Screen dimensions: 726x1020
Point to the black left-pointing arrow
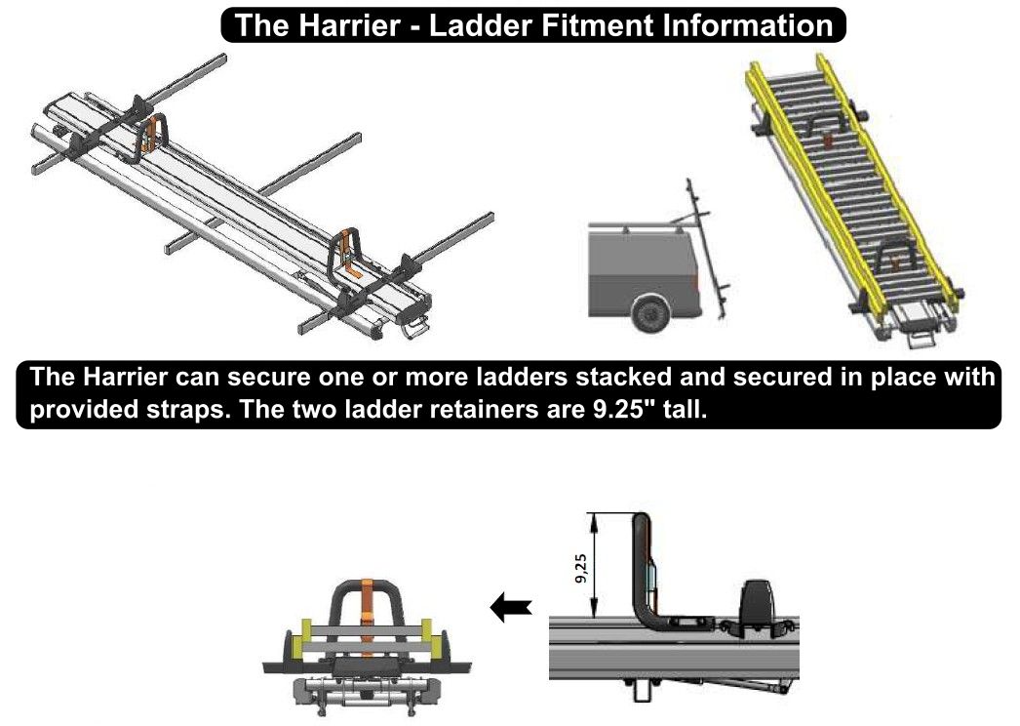(x=511, y=609)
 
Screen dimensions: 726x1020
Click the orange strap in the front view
(x=368, y=610)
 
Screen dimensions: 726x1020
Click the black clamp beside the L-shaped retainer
(x=762, y=602)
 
